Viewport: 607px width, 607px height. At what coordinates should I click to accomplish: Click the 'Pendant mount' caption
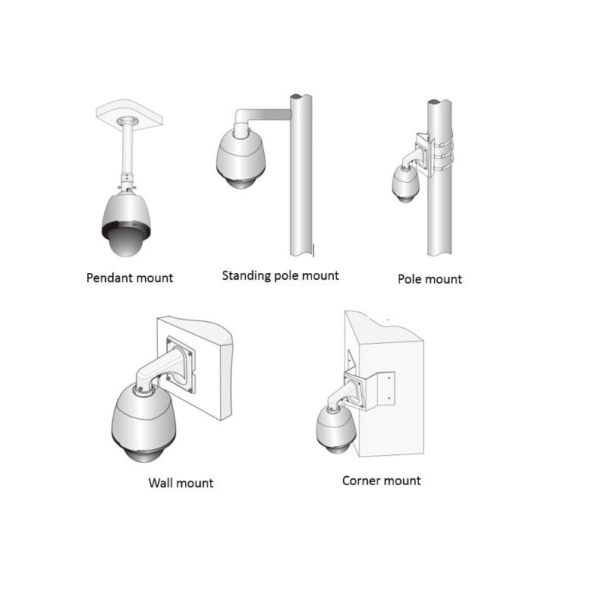[x=129, y=278]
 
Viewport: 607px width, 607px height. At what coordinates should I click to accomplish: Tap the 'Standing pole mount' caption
[x=280, y=275]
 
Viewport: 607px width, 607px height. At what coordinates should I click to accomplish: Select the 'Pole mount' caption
[x=429, y=279]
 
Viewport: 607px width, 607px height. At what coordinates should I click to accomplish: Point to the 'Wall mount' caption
[x=181, y=483]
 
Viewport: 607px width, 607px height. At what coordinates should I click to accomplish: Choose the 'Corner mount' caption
[x=381, y=480]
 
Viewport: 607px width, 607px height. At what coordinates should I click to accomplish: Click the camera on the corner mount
[x=334, y=430]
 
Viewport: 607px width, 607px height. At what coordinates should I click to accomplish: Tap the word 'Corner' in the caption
[x=360, y=480]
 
